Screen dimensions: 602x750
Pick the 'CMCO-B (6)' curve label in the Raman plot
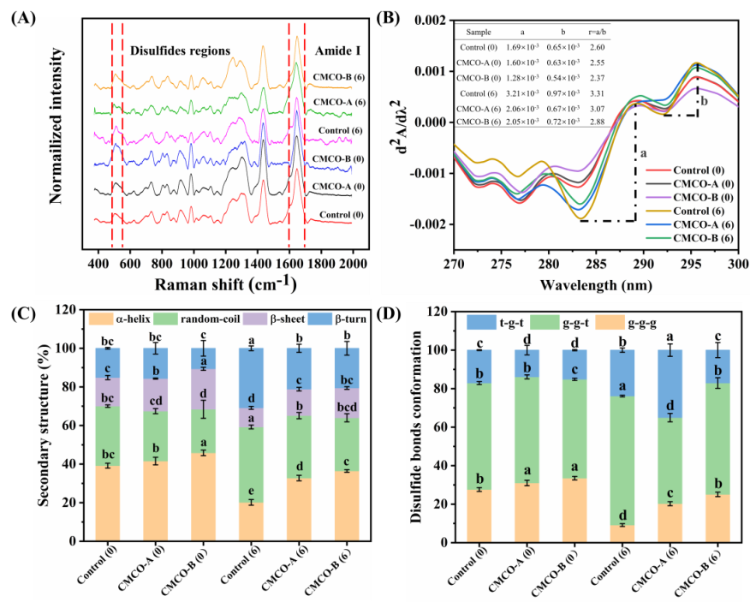click(x=335, y=76)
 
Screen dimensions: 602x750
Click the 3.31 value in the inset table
click(x=598, y=91)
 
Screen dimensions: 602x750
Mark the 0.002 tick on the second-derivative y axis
click(x=426, y=19)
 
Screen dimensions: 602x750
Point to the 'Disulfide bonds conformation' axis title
click(x=416, y=426)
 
